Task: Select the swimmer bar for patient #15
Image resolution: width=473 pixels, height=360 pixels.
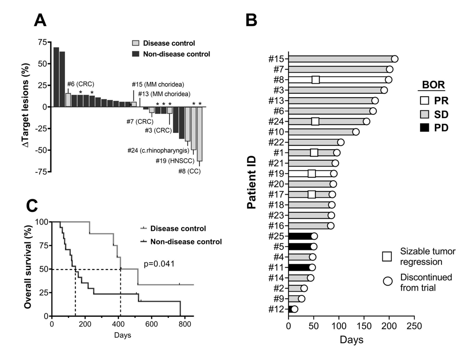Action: [x=342, y=59]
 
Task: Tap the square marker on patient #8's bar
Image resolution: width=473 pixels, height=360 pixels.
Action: [x=315, y=79]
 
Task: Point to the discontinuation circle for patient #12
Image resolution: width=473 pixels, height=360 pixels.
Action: [x=294, y=309]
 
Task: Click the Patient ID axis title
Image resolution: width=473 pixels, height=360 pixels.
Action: [x=252, y=183]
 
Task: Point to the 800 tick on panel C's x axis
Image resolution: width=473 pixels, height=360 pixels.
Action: [x=184, y=324]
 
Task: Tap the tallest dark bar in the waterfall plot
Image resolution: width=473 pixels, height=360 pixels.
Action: [x=56, y=77]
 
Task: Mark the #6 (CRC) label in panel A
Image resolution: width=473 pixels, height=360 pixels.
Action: [x=80, y=84]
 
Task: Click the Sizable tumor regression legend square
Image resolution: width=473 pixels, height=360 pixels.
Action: [x=388, y=255]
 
